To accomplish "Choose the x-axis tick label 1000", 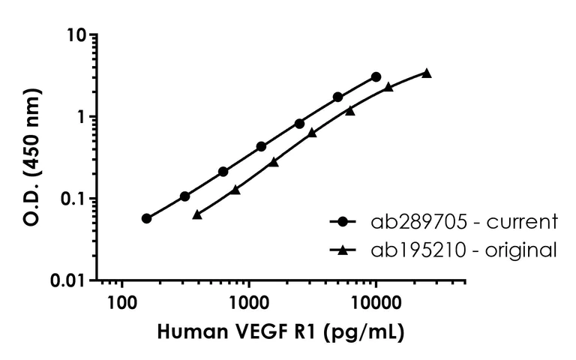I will pos(248,303).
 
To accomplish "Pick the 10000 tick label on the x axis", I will pos(375,303).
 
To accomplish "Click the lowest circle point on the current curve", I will pos(146,218).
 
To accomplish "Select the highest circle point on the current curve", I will pos(376,76).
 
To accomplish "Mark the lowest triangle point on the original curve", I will pos(197,214).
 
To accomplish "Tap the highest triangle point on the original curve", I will pos(427,73).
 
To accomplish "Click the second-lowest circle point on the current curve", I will pos(184,196).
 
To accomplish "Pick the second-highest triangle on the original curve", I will pos(388,87).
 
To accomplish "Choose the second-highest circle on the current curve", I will pos(337,97).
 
